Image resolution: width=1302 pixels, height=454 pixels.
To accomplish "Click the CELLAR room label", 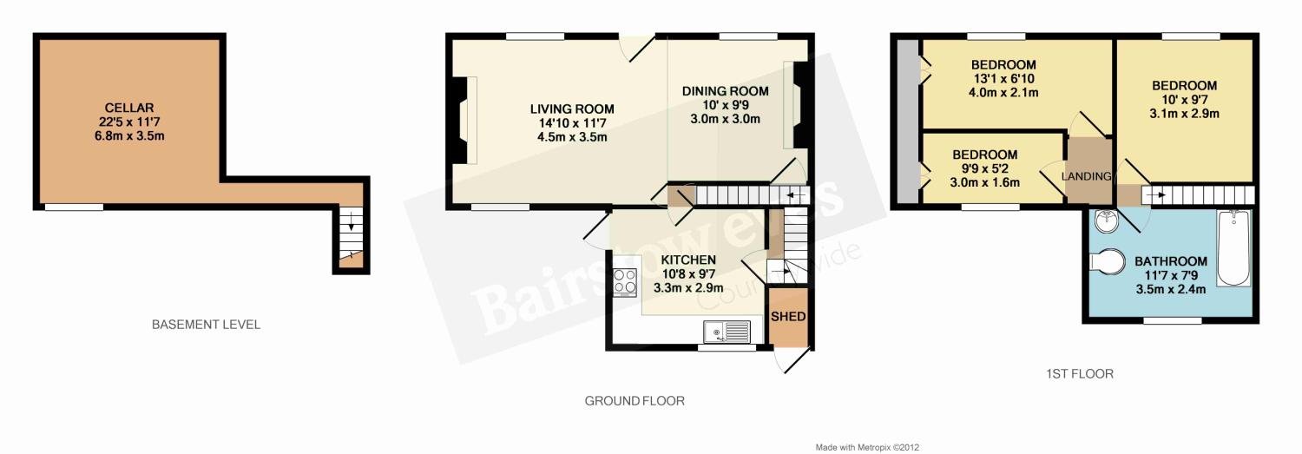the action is pos(129,109).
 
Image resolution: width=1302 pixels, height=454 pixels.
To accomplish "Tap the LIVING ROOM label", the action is pos(572,109).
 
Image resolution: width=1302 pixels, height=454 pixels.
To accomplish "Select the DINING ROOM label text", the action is pos(725,91).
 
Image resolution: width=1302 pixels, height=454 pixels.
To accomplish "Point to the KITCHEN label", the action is pos(689,260).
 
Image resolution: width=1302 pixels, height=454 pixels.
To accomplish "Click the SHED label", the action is pos(788,317).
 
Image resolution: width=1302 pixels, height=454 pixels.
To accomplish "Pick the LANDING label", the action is pos(1086,176).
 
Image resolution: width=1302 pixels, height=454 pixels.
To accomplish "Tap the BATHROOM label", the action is pos(1171,261).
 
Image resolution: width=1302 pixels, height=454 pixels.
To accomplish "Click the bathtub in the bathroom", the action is pos(1233,248).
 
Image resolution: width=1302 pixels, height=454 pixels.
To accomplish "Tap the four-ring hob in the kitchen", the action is pos(625,282).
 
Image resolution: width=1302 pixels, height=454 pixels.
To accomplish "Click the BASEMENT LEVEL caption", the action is pos(206,325).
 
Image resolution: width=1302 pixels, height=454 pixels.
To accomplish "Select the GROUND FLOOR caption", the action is pos(635,400).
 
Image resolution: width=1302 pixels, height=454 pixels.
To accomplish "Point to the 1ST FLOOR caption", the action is pos(1080,374).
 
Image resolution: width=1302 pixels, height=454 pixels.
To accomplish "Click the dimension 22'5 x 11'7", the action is pos(129,122).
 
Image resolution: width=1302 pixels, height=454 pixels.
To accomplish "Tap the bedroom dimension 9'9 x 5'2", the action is pos(984,168).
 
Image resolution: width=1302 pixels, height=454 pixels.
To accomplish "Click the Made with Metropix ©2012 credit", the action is pos(867,448).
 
